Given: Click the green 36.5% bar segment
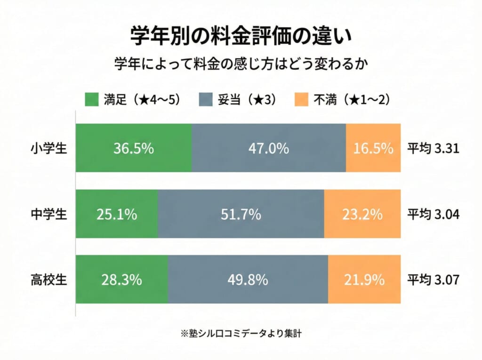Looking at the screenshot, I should pyautogui.click(x=134, y=148).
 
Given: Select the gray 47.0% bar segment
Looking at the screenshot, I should pyautogui.click(x=268, y=148).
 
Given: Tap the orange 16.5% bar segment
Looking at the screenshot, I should pyautogui.click(x=373, y=148).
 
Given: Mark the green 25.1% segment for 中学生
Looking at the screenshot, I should pyautogui.click(x=117, y=215).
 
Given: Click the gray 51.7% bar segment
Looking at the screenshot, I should pyautogui.click(x=241, y=215).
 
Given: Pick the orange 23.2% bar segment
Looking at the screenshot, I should pyautogui.click(x=362, y=215).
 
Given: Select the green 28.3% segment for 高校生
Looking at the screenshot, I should pyautogui.click(x=122, y=280).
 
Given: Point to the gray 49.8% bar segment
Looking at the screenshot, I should pyautogui.click(x=248, y=280).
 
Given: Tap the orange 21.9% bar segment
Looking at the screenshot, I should pyautogui.click(x=364, y=280).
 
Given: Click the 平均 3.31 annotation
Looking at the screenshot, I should pyautogui.click(x=433, y=149).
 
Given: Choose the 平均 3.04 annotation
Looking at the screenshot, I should pyautogui.click(x=433, y=215).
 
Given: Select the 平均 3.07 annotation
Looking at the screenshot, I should pyautogui.click(x=433, y=280).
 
